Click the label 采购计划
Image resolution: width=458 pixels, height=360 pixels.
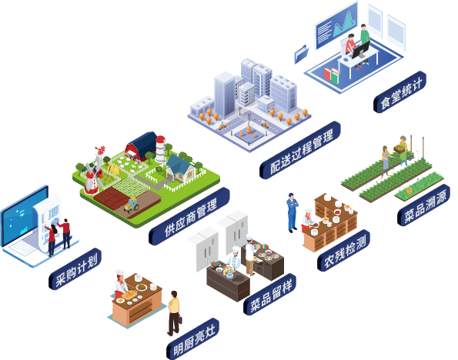click(75, 269)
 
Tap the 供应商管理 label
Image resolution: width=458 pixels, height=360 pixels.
click(189, 216)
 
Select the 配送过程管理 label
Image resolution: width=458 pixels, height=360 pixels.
click(300, 150)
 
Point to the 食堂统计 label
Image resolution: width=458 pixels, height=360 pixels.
click(399, 92)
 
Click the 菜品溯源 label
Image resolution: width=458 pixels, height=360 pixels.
click(423, 205)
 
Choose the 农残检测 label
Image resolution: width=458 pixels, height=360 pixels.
click(344, 251)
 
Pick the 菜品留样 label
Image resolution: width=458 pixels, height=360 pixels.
click(270, 295)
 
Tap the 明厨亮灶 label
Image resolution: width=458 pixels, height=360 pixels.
click(193, 338)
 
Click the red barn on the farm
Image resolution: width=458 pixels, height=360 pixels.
click(141, 146)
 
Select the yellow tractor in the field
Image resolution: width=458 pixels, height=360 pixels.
click(132, 205)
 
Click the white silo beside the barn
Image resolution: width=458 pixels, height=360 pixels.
click(160, 148)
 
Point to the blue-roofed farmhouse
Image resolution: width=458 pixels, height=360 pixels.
click(181, 168)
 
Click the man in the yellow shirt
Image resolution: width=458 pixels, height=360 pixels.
click(174, 313)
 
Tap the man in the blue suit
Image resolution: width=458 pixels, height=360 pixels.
click(292, 212)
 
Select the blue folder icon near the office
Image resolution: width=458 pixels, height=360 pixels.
click(301, 54)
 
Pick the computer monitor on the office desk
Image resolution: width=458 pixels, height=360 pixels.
click(361, 50)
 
